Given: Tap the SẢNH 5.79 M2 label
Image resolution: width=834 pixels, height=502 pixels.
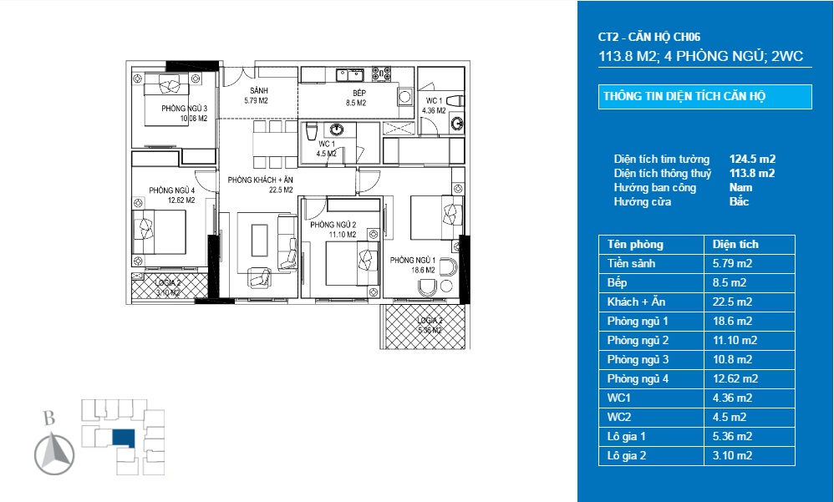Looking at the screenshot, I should pyautogui.click(x=257, y=95).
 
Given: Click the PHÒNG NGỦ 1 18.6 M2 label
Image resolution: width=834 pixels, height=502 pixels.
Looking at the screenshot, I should pyautogui.click(x=413, y=265).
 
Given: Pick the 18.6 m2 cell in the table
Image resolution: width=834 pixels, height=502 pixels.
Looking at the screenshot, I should pyautogui.click(x=733, y=321).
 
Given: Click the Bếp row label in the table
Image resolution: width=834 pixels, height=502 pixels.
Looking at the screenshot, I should pyautogui.click(x=618, y=282).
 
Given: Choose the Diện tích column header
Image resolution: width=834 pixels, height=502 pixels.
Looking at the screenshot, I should pyautogui.click(x=735, y=245).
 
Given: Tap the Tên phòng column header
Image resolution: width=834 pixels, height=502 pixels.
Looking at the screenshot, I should pyautogui.click(x=635, y=245).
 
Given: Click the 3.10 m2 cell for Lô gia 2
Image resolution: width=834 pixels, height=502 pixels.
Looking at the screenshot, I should pyautogui.click(x=733, y=455).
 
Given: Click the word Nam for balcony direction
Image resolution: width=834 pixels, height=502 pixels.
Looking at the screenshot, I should pyautogui.click(x=740, y=188).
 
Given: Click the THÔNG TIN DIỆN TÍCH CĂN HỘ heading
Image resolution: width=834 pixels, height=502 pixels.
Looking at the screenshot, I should pyautogui.click(x=684, y=96).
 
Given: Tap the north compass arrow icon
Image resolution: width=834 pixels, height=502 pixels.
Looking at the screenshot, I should pyautogui.click(x=54, y=455).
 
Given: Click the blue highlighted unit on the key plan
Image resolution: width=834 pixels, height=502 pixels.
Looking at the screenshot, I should pyautogui.click(x=123, y=437).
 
